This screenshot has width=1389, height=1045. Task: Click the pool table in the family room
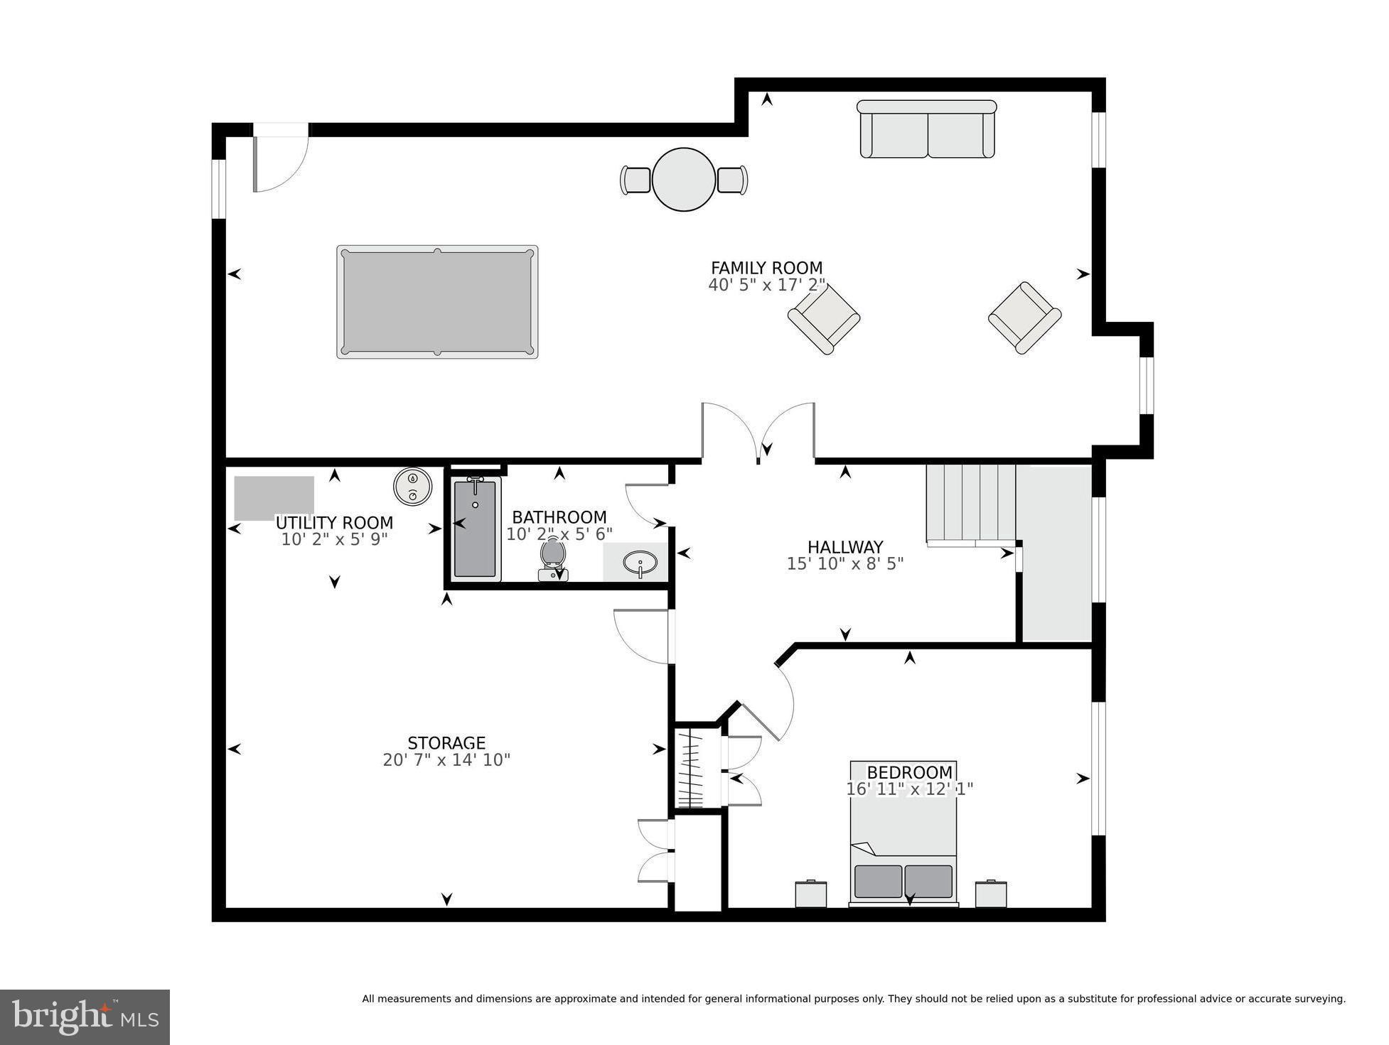pos(437,302)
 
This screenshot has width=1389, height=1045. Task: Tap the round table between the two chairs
pos(683,179)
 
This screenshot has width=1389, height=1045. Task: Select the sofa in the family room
pos(927,129)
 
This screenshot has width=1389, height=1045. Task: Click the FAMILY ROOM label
pos(766,268)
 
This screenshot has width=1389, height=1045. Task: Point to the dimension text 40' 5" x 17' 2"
pos(766,285)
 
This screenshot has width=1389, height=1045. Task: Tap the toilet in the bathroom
pos(552,558)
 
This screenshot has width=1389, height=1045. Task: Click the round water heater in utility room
pos(412,487)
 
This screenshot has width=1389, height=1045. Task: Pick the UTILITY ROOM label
pos(334,523)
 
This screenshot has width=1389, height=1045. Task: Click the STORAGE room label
pos(446,743)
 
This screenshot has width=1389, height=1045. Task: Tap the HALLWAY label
pos(844,547)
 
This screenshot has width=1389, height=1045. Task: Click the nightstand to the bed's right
pos(991,894)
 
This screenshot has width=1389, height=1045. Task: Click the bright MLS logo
pos(85,1017)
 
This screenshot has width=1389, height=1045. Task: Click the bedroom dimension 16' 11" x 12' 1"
pos(909,789)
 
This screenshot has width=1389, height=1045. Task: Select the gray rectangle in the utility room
pos(274,498)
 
